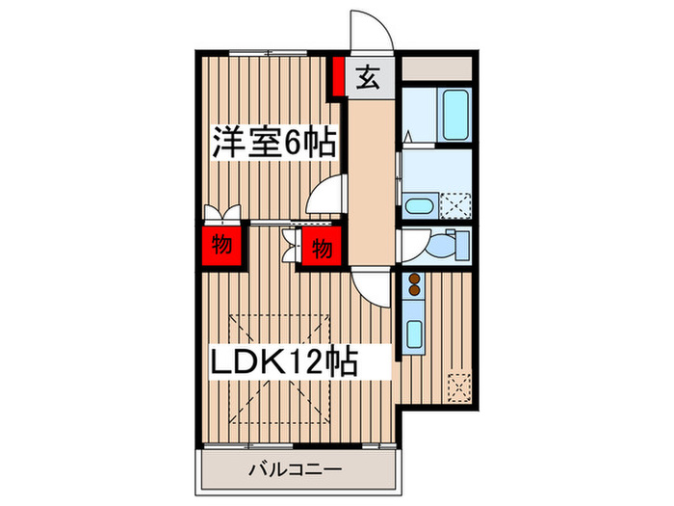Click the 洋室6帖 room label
coord(273,144)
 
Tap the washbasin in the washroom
coord(418,205)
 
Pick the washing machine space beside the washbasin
coord(454,204)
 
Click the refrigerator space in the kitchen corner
coord(459,386)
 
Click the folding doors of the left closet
coord(221,214)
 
